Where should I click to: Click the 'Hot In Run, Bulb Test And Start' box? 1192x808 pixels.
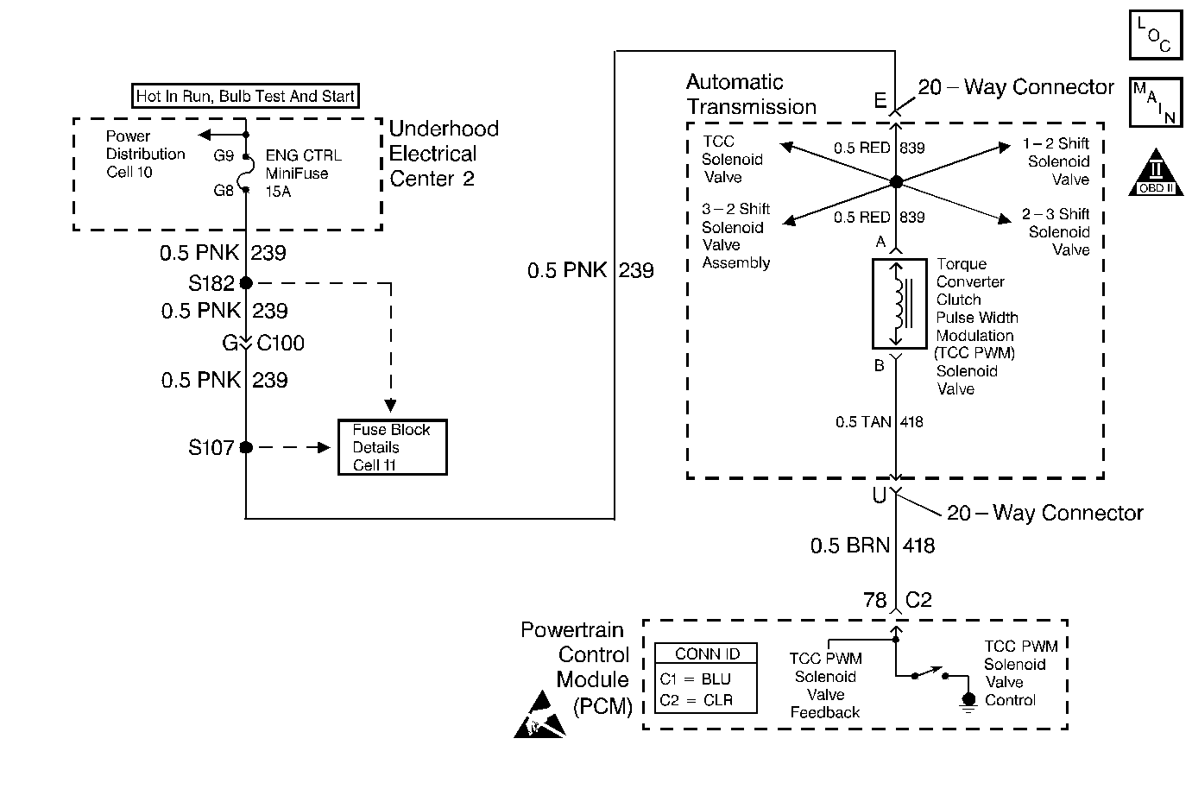point(245,96)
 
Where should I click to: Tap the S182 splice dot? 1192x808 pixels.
point(246,283)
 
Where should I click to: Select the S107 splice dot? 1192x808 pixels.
point(246,447)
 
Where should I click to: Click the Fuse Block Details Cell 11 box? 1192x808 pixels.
point(393,447)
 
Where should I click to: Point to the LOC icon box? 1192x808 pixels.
point(1155,35)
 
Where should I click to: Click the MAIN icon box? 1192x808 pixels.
point(1155,102)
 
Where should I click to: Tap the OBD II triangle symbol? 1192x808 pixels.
point(1156,173)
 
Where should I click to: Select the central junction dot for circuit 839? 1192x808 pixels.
point(896,182)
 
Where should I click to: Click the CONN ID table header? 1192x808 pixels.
point(706,653)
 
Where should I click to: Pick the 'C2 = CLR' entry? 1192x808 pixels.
point(697,700)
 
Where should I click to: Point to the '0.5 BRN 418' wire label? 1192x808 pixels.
point(872,546)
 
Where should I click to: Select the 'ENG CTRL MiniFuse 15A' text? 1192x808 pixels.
point(302,174)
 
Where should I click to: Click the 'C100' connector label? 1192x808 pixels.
point(281,344)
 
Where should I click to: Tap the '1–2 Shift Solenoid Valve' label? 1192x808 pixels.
point(1056,161)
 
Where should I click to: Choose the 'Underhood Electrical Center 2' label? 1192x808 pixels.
point(444,154)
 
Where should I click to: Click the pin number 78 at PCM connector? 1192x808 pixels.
point(875,600)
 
